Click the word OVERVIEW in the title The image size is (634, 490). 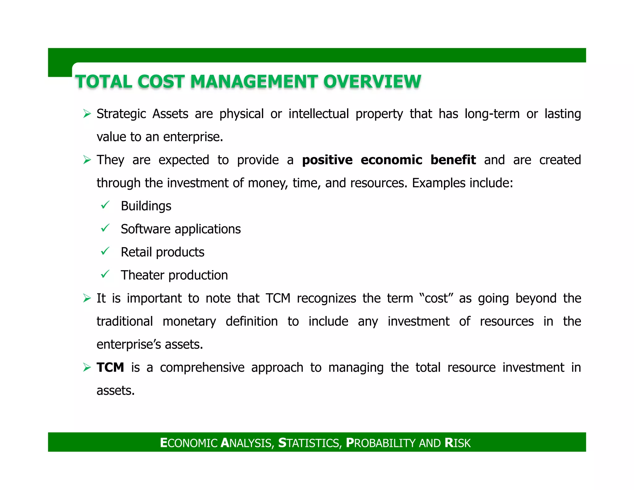click(372, 82)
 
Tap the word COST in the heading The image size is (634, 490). click(161, 82)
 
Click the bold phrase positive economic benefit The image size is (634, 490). click(389, 160)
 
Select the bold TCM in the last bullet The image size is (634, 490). click(110, 368)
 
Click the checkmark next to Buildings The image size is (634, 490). click(105, 205)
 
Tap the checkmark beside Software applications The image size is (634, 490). click(105, 228)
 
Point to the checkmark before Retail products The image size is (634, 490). click(105, 251)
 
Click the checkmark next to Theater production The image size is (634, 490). click(105, 274)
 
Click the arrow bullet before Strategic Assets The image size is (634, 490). click(87, 114)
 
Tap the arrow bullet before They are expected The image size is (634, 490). click(87, 160)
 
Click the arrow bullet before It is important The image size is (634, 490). click(87, 299)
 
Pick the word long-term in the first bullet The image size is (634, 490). click(492, 114)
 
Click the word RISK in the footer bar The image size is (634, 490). click(457, 443)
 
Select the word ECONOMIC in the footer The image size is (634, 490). click(189, 443)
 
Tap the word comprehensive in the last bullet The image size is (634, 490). click(202, 368)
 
